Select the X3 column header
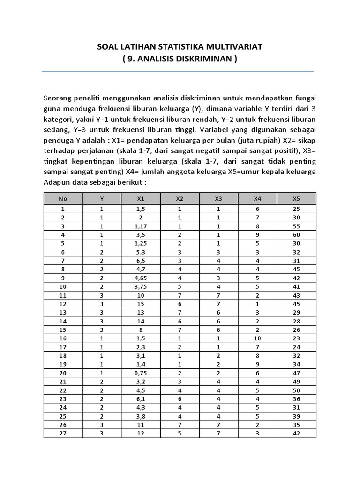pos(218,198)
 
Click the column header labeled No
pos(63,198)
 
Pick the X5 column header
pos(296,198)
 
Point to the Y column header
pos(102,198)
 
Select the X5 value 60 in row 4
pos(296,234)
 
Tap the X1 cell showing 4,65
pos(141,277)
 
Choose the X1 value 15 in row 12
pos(141,304)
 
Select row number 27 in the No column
pos(63,433)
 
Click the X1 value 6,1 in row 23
pos(141,398)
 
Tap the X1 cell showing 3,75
pos(141,286)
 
